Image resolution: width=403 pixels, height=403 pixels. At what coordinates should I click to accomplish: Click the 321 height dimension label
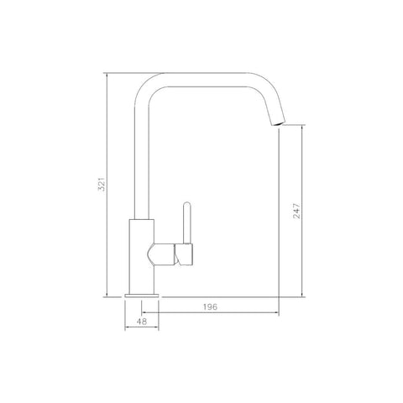tap(102, 184)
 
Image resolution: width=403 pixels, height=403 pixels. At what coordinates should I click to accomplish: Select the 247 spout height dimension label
tap(296, 211)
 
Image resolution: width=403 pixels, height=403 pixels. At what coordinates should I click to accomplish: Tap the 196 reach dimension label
tap(210, 307)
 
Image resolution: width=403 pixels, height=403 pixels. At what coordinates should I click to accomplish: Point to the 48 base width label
tap(142, 322)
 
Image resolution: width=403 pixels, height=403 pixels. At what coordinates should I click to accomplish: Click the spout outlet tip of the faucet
tap(279, 123)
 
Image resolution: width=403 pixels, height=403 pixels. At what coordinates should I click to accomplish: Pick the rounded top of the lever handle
tap(186, 205)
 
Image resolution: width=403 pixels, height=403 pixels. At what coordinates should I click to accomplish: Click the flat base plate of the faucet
tap(142, 296)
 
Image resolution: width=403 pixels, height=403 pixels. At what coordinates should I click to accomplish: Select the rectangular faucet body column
tap(142, 256)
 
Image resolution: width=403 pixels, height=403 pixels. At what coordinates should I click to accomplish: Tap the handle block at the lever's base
tap(184, 254)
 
